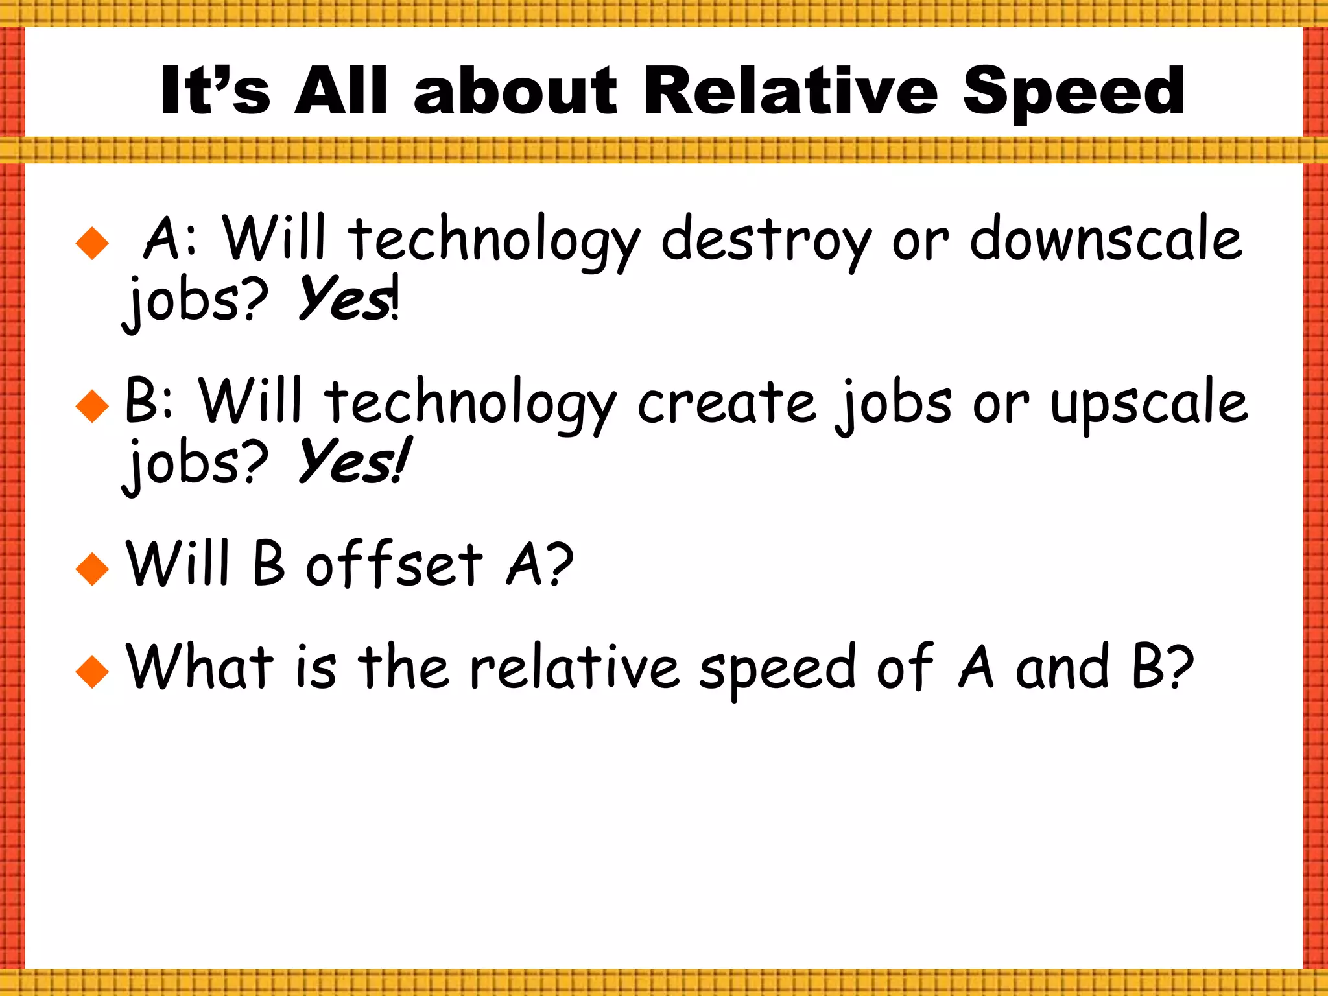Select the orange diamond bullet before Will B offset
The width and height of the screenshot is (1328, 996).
[x=92, y=569]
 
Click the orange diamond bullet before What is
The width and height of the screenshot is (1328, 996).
[x=92, y=670]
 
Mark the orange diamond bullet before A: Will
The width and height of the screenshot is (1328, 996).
[x=92, y=243]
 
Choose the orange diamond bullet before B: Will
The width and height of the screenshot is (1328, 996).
[x=92, y=406]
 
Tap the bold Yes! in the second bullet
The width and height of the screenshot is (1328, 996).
[x=353, y=462]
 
